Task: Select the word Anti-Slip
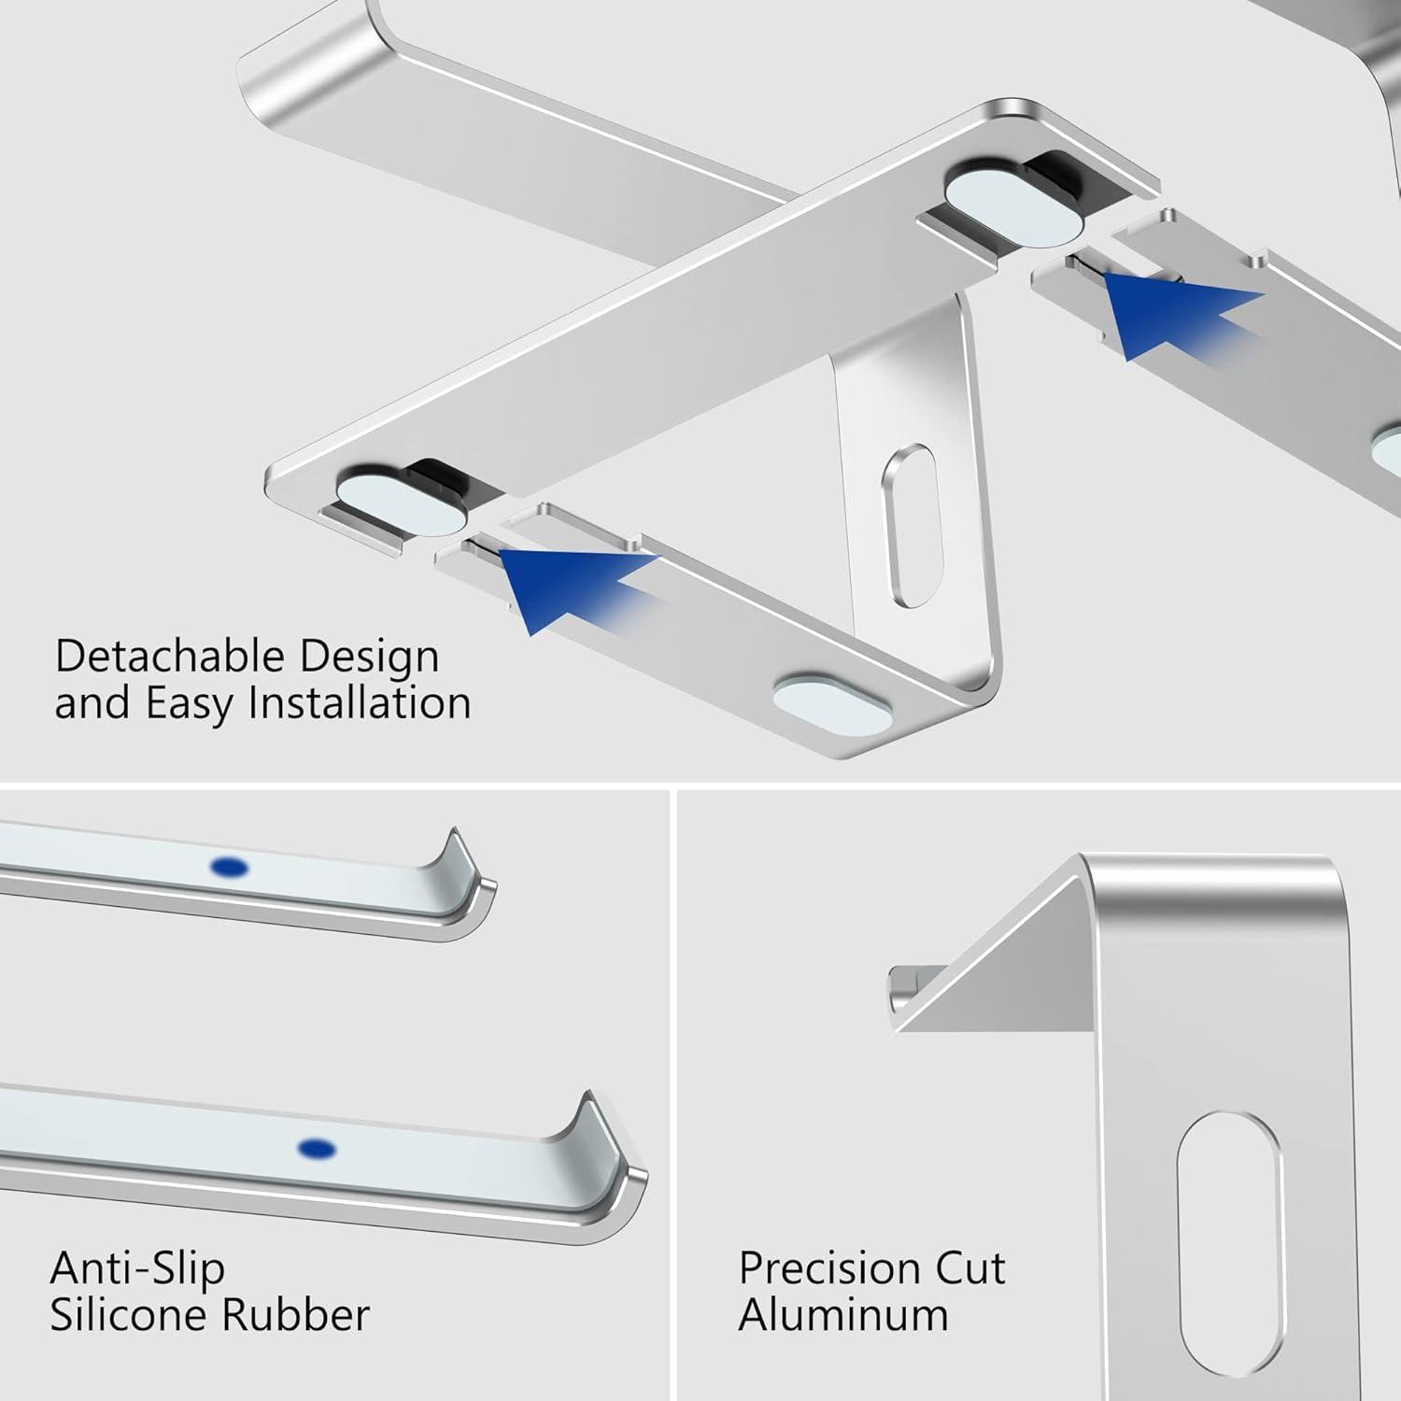click(x=137, y=1268)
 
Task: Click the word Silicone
click(x=123, y=1315)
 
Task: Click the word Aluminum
click(x=843, y=1315)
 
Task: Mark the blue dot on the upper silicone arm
click(x=230, y=869)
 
